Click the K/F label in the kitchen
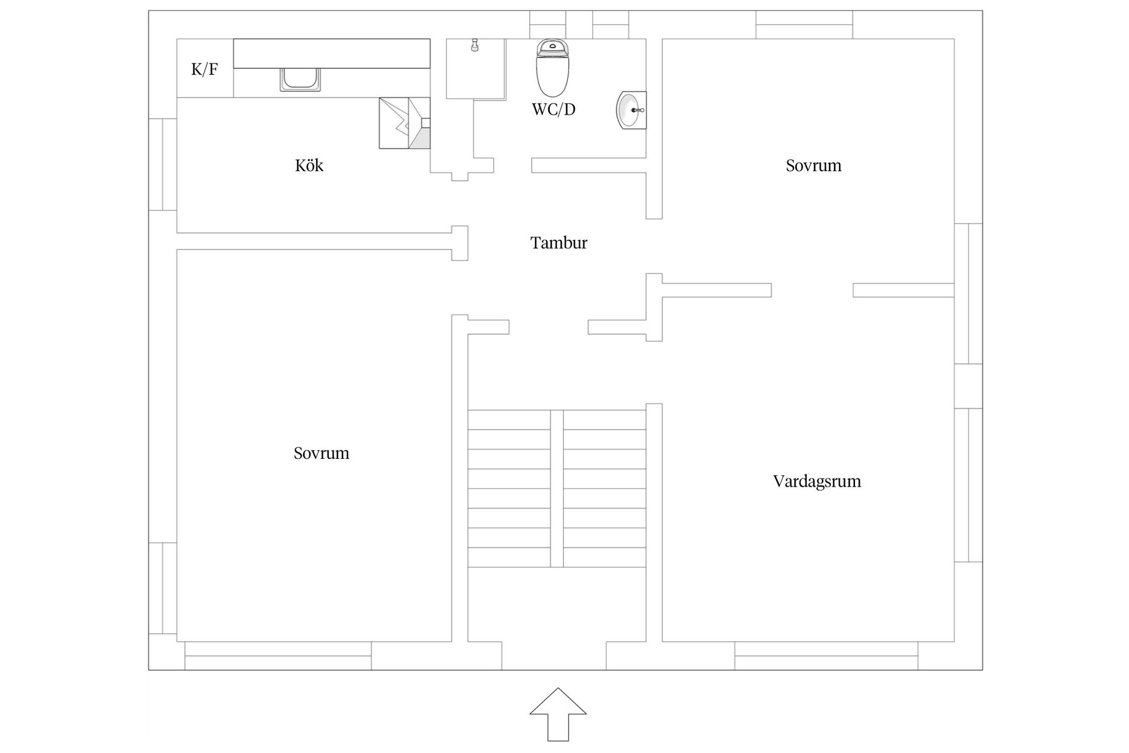[204, 69]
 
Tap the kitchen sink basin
[300, 79]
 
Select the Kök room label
[309, 165]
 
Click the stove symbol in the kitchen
[404, 123]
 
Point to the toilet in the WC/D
[553, 68]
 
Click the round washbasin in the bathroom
[630, 110]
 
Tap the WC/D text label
[553, 109]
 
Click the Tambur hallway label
[558, 243]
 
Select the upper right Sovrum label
[813, 165]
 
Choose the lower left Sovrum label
[321, 453]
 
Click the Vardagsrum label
[817, 481]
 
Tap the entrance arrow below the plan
[558, 714]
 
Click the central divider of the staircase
[557, 488]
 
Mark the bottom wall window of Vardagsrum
[826, 655]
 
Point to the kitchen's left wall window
[162, 164]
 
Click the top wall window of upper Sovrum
[804, 24]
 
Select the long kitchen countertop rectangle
[332, 54]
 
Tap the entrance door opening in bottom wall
[554, 655]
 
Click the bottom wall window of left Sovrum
[278, 655]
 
